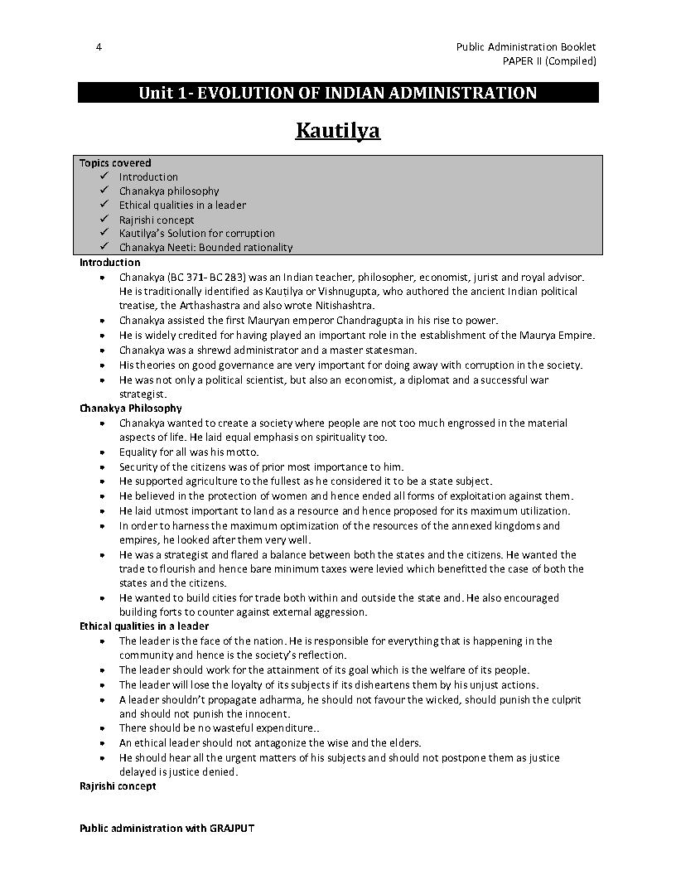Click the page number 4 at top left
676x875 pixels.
point(99,47)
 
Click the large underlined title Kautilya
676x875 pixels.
point(338,130)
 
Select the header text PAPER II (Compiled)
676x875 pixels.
point(549,60)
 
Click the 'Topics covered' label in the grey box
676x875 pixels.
point(115,163)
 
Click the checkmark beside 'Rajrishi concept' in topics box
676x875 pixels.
point(104,220)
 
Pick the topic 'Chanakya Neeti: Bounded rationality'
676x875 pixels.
point(205,247)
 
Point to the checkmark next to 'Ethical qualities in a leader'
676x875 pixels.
point(104,205)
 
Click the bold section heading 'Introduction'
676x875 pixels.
point(110,262)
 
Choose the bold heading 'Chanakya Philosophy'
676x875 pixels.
point(131,408)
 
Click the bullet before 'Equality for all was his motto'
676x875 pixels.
point(101,452)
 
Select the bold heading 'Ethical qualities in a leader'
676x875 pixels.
point(144,626)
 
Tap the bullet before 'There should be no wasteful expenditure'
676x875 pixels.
point(101,728)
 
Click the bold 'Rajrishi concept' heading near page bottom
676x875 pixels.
point(118,786)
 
